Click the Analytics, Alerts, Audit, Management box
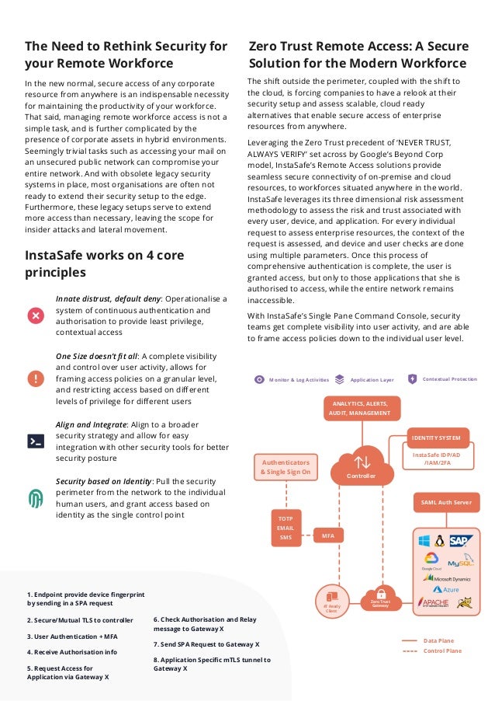point(362,408)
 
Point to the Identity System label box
point(440,438)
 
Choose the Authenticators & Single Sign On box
point(285,466)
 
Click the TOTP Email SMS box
point(286,527)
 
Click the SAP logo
point(459,540)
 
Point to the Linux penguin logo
point(439,540)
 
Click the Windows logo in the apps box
point(424,540)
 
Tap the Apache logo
point(434,603)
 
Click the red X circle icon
point(36,315)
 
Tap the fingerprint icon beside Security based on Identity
point(36,498)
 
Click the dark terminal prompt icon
point(36,440)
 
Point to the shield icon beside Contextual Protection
point(412,379)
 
